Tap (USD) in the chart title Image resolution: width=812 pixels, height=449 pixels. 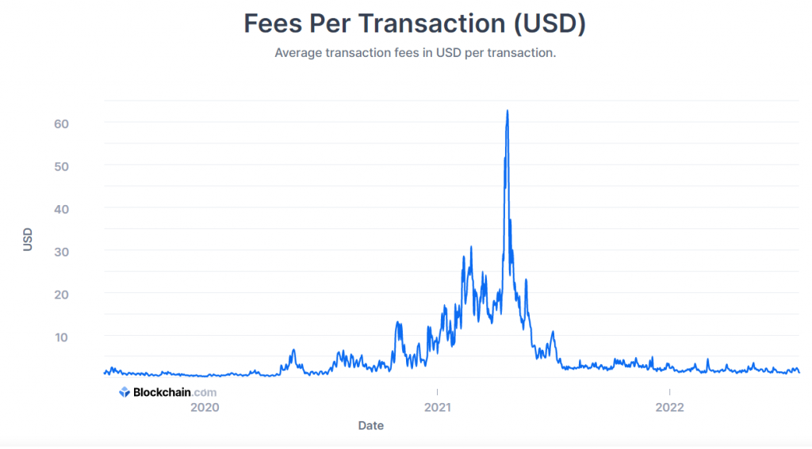click(550, 24)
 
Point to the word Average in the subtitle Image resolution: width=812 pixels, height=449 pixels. click(299, 53)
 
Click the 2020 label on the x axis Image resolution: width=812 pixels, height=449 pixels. click(205, 408)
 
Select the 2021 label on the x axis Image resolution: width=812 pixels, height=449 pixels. click(437, 408)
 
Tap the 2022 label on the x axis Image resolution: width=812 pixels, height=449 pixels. click(670, 408)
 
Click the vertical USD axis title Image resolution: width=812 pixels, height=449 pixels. click(29, 240)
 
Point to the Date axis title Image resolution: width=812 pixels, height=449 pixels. click(370, 426)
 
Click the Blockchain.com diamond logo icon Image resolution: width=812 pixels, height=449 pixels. click(124, 392)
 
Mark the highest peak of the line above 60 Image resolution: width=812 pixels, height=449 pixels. click(507, 111)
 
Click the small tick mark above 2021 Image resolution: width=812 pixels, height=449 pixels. click(437, 391)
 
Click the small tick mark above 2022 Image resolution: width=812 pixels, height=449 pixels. click(670, 391)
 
